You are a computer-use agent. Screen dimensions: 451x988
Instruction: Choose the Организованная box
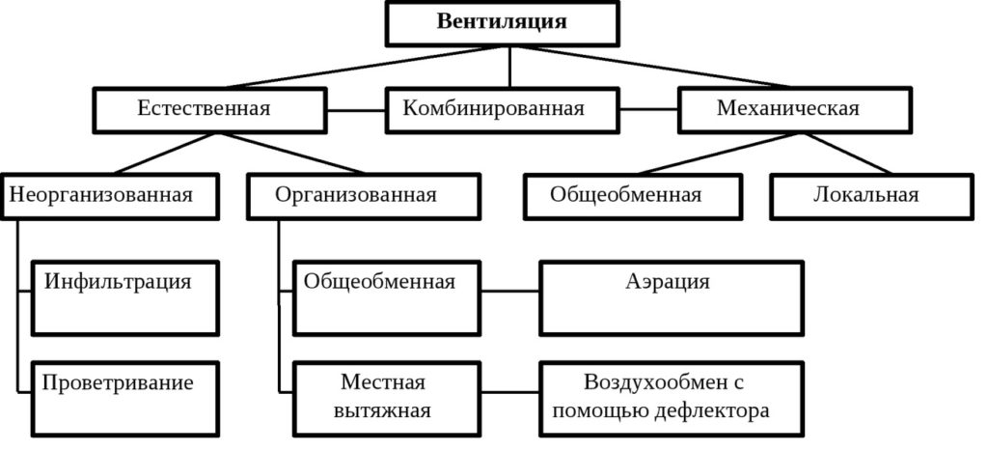pos(362,196)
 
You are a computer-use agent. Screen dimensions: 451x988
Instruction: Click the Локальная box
pos(872,196)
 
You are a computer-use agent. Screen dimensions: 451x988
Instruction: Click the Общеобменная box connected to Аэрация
pos(385,296)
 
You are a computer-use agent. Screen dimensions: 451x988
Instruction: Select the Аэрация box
pos(671,296)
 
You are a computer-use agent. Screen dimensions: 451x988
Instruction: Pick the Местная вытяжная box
pos(385,395)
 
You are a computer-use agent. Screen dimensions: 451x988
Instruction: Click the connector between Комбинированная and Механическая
pos(647,109)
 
